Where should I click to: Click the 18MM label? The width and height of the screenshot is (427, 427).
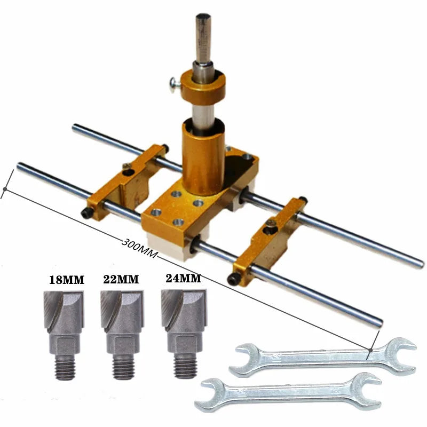click(67, 280)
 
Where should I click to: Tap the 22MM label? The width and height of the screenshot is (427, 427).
click(121, 279)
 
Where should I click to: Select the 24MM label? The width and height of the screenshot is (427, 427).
click(184, 278)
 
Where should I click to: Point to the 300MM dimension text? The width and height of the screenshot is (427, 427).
click(140, 248)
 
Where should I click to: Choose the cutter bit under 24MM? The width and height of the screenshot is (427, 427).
click(184, 334)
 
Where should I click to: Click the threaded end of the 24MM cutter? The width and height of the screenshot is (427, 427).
click(185, 366)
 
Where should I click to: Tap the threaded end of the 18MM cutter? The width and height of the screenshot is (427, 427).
click(65, 368)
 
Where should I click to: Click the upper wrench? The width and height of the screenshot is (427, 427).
click(323, 358)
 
